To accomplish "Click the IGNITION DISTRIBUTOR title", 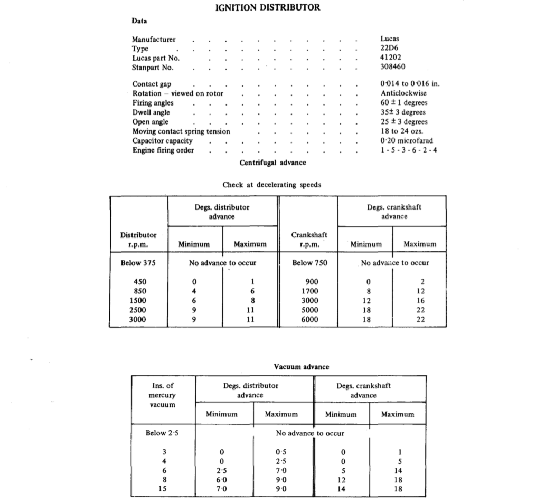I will (268, 7).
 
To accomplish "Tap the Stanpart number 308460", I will (393, 68).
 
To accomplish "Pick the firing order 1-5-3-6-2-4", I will (408, 150).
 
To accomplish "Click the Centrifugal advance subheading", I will (272, 163).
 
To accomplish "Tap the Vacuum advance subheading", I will (301, 367).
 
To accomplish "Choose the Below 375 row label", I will (138, 263).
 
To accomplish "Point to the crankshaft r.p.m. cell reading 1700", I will (309, 291).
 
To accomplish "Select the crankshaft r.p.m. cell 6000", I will (309, 319).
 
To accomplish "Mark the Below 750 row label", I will (309, 263).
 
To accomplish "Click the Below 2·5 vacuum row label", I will (163, 433).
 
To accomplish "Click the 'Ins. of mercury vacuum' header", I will (162, 395).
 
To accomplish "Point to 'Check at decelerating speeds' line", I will (272, 185).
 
